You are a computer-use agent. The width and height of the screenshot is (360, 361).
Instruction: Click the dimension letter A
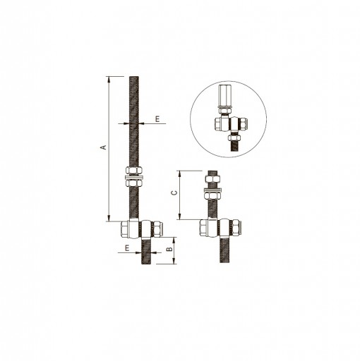104,147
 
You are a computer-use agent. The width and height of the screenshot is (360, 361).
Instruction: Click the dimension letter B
169,250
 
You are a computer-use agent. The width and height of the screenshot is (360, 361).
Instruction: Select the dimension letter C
174,193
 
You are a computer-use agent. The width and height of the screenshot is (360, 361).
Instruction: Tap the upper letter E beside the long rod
157,119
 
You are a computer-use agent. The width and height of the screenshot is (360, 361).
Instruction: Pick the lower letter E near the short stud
127,248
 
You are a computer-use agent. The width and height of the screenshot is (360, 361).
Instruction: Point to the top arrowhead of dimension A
109,79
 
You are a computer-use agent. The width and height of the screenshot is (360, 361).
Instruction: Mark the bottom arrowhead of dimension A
109,219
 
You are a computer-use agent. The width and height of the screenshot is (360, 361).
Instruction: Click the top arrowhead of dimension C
179,173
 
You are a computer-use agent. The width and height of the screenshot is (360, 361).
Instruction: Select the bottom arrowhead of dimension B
174,261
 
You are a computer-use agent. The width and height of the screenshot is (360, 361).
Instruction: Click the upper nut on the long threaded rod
134,170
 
